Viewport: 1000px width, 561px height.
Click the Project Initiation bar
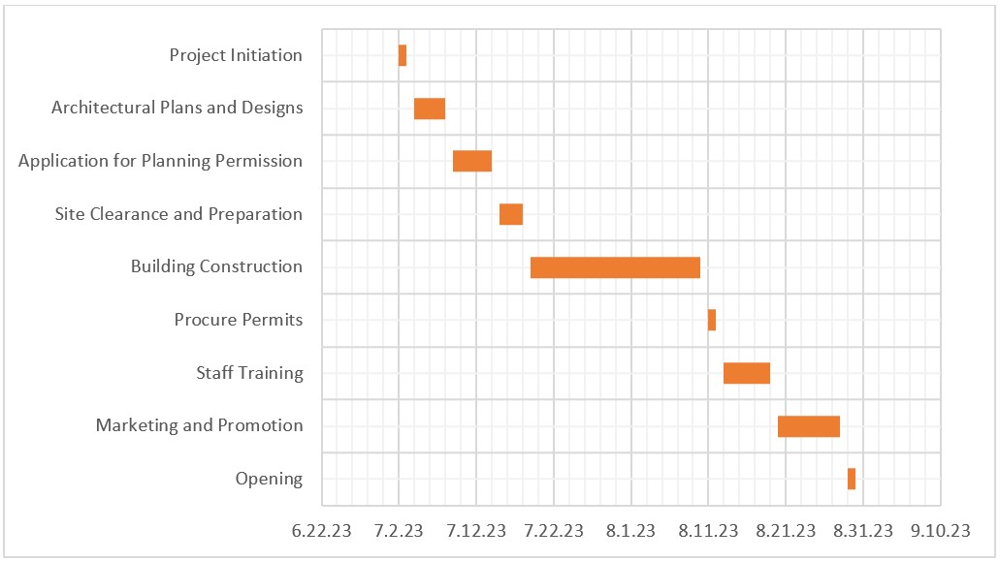coord(403,55)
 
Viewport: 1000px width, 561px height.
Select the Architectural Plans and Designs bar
coord(430,109)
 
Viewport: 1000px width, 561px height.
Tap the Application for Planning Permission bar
coord(472,161)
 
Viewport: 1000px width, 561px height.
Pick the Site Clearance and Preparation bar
coord(511,214)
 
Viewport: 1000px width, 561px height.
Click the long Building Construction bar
coord(615,267)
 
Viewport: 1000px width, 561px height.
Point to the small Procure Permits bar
coord(712,320)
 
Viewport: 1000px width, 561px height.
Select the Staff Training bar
coord(747,373)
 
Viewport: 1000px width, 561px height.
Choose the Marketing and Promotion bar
coord(809,426)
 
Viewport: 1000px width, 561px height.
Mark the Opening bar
coord(852,479)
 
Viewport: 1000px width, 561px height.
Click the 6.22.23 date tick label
coord(321,530)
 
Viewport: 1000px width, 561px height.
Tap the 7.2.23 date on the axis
coord(399,530)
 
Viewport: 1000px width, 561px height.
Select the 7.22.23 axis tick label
coord(554,530)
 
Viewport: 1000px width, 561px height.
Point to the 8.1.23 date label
coord(631,530)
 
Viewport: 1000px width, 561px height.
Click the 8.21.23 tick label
coord(786,530)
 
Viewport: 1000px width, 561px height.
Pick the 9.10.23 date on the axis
coord(941,530)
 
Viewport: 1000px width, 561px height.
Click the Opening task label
coord(269,479)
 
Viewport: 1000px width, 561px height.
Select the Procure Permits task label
coord(239,320)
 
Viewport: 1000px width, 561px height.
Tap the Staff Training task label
coord(249,373)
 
